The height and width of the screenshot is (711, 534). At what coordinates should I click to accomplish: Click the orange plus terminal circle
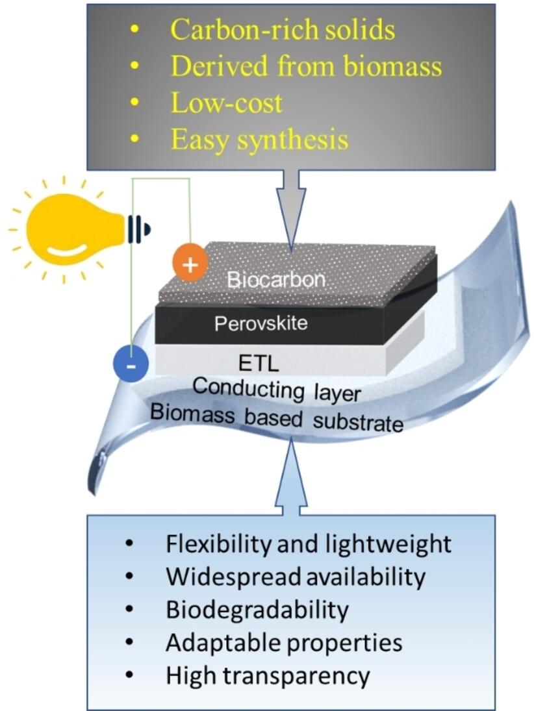190,264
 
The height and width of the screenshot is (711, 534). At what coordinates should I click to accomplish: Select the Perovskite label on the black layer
261,323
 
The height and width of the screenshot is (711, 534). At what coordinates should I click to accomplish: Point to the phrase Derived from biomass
306,66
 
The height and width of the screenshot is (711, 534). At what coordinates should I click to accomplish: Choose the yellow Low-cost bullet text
227,103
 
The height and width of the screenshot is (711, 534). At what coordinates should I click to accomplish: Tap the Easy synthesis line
260,140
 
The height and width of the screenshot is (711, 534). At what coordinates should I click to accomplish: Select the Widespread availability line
296,576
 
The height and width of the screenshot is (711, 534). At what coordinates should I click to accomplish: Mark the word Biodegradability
257,609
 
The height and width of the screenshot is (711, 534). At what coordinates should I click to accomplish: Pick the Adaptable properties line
284,643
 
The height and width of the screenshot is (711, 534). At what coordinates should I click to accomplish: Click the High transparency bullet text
268,676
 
